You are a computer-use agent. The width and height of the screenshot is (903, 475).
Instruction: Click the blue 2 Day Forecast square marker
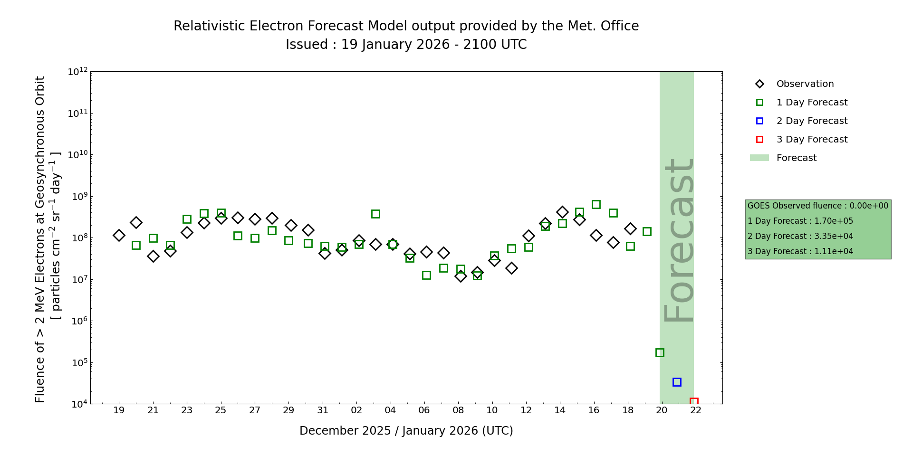pyautogui.click(x=677, y=382)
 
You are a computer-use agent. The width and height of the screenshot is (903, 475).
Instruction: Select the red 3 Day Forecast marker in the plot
pyautogui.click(x=694, y=402)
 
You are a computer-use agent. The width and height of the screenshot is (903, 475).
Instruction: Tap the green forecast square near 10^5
pyautogui.click(x=660, y=352)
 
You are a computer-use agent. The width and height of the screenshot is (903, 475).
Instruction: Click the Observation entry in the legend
pyautogui.click(x=805, y=84)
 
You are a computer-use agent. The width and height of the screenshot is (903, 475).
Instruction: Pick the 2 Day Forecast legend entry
pyautogui.click(x=811, y=121)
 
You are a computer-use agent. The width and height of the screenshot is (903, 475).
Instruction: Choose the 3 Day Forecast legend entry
pyautogui.click(x=811, y=140)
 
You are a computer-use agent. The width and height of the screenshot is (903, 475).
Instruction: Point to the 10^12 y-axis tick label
pyautogui.click(x=77, y=72)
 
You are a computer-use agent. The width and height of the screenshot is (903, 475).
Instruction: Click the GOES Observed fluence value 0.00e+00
pyautogui.click(x=869, y=206)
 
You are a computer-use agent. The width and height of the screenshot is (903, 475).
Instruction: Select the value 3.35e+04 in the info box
pyautogui.click(x=834, y=236)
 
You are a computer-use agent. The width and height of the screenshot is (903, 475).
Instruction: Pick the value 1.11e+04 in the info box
pyautogui.click(x=834, y=251)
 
